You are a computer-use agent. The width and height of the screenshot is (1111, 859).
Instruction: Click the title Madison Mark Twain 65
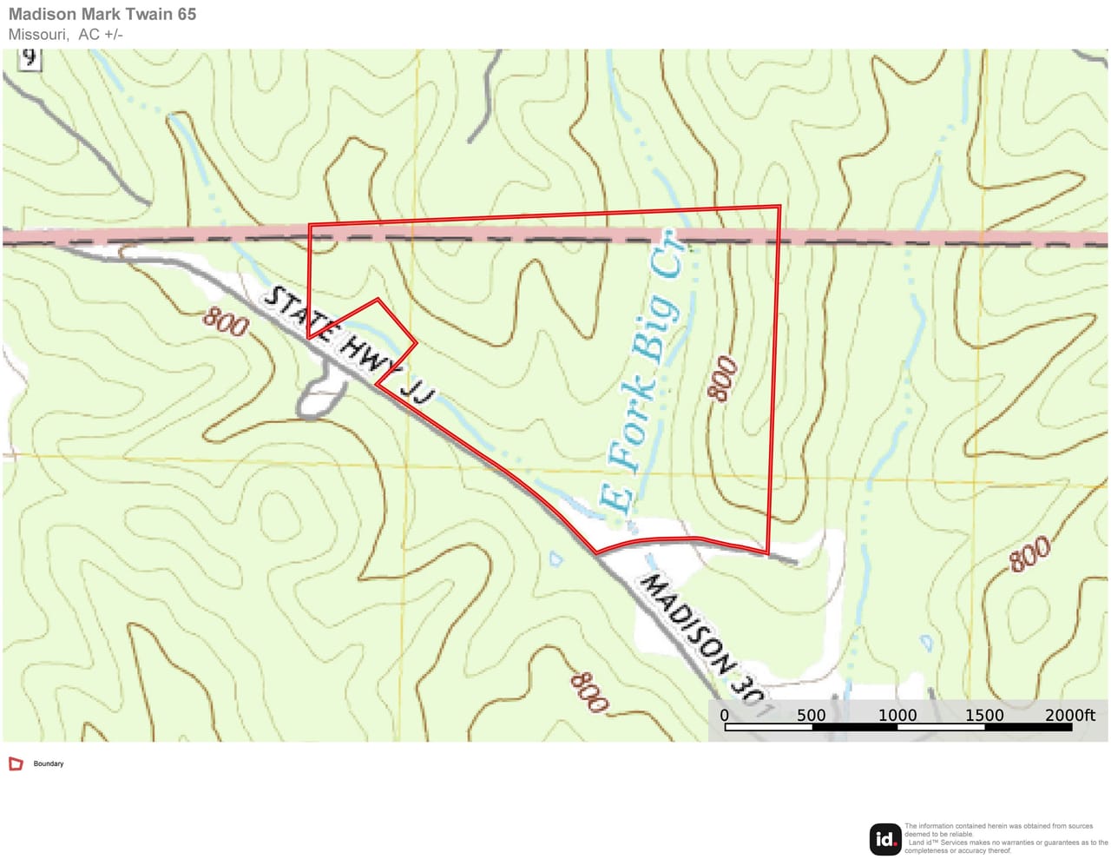click(x=102, y=14)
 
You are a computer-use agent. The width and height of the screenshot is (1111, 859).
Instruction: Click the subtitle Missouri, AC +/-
click(x=66, y=35)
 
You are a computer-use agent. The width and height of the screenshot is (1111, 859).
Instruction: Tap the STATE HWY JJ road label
click(x=347, y=344)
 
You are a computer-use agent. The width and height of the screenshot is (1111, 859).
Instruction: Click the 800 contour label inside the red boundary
click(x=723, y=379)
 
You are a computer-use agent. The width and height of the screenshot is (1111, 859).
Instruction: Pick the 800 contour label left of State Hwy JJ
click(x=226, y=322)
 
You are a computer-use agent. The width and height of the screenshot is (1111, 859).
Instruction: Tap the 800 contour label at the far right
click(x=1029, y=554)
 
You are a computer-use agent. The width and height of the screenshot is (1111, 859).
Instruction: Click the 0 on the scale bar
click(x=725, y=715)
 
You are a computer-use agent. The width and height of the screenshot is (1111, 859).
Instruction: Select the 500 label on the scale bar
click(x=812, y=715)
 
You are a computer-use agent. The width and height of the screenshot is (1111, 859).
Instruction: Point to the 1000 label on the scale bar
click(x=897, y=715)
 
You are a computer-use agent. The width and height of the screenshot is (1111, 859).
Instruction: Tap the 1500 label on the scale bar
click(x=984, y=715)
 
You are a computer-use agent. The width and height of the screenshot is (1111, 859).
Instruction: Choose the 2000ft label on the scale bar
click(x=1069, y=715)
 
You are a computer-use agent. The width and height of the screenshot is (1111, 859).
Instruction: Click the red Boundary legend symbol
click(x=16, y=764)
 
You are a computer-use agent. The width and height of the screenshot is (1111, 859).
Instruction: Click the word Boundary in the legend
click(x=49, y=764)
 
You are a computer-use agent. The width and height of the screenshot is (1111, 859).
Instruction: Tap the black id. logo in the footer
click(x=885, y=839)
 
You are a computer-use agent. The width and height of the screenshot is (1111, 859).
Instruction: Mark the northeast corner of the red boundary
click(x=779, y=207)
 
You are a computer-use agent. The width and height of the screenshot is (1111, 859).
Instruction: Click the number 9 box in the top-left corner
click(x=30, y=58)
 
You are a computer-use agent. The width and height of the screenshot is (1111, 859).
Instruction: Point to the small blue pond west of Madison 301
click(x=556, y=559)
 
